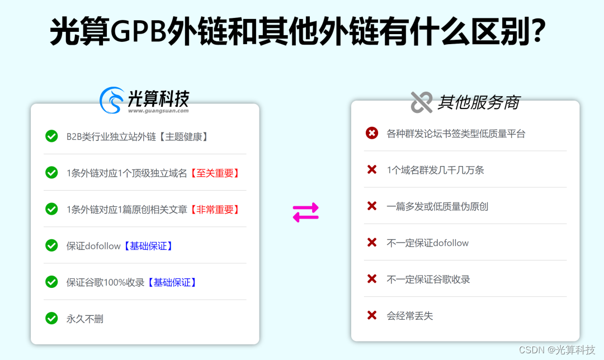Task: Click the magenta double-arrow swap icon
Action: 305,212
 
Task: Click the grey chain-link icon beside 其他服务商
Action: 422,102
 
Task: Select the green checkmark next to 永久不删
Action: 51,318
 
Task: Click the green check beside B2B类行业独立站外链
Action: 51,136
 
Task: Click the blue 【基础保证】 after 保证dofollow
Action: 148,246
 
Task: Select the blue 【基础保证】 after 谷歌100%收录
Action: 172,282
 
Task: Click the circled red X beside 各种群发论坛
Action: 372,133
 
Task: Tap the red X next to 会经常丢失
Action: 372,315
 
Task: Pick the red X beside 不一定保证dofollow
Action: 372,242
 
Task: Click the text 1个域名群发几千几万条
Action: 435,170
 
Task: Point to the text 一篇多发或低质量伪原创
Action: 437,206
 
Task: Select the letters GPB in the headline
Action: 139,31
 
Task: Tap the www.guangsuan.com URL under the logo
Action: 158,111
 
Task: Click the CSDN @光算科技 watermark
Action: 556,350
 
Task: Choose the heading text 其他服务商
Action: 479,102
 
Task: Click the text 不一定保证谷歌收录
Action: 428,279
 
